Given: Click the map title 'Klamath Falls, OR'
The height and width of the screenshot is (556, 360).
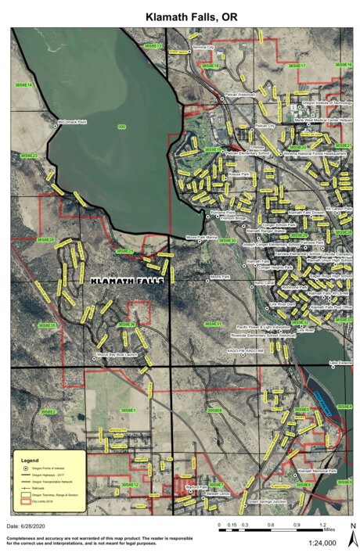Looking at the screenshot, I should coord(181,16).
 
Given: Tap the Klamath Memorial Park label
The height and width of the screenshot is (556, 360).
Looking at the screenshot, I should coord(317,472).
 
